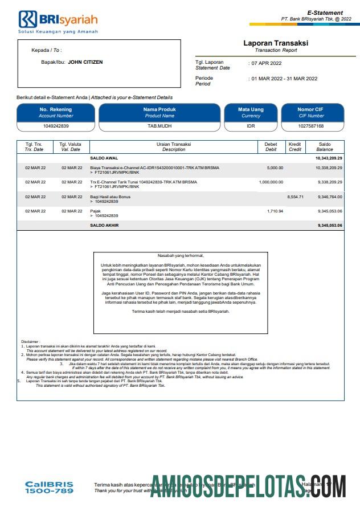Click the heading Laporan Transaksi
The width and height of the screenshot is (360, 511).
tap(275, 43)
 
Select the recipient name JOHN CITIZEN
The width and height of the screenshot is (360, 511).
tap(85, 62)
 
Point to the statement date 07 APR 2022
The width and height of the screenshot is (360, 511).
tap(267, 63)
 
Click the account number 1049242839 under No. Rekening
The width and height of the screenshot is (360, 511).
tap(55, 126)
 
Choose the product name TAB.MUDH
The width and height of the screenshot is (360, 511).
tap(159, 126)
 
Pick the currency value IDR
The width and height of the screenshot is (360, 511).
tap(251, 126)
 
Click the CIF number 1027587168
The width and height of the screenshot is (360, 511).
tap(311, 126)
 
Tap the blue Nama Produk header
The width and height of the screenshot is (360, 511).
tap(159, 112)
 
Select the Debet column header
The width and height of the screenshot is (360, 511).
tap(271, 146)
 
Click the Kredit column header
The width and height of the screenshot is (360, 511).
tap(294, 146)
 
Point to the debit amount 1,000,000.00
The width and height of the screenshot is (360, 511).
tap(271, 182)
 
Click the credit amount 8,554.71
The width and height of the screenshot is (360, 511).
tap(296, 197)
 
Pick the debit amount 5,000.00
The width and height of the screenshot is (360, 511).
tap(275, 168)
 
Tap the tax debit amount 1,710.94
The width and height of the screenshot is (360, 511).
tap(275, 211)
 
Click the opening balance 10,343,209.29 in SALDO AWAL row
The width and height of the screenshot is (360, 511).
tap(329, 157)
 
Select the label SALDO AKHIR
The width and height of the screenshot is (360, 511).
tap(104, 226)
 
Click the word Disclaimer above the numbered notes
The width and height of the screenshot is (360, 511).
tap(31, 341)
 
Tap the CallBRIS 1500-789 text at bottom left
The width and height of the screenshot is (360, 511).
tap(49, 487)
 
